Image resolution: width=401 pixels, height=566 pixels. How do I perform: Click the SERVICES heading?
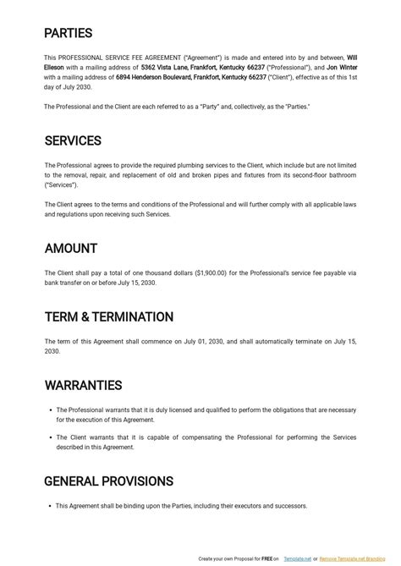73,140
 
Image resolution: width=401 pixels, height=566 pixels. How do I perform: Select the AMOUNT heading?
71,249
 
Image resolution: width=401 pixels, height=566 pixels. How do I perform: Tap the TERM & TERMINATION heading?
109,317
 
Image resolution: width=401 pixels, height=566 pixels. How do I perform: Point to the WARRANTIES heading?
85,386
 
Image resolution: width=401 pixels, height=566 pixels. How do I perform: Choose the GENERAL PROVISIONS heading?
108,481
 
